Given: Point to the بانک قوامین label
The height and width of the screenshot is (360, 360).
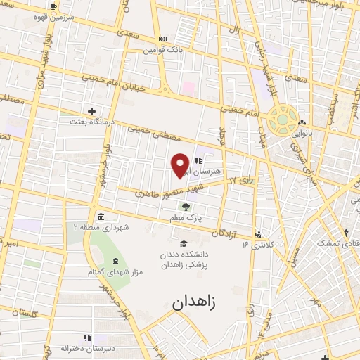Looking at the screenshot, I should (x=162, y=51).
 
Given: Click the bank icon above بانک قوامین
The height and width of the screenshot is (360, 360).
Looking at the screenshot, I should (x=162, y=39).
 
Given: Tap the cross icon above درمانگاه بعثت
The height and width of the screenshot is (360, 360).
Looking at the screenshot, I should (x=91, y=111).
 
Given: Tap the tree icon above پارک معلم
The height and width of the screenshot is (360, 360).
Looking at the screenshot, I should (x=185, y=207).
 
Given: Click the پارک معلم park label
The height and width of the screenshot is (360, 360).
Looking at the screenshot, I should (x=185, y=219).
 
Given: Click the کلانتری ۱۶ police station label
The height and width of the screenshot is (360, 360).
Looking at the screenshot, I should (x=256, y=245).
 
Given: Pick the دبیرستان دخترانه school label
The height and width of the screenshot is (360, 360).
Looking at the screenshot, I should (x=85, y=348).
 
